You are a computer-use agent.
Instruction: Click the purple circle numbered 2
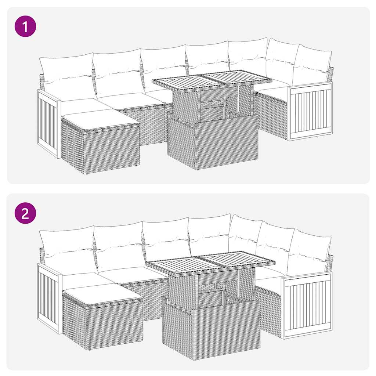click(x=25, y=213)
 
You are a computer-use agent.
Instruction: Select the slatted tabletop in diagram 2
click(x=211, y=261)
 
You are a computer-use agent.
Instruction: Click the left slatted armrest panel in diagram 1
click(x=48, y=123)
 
